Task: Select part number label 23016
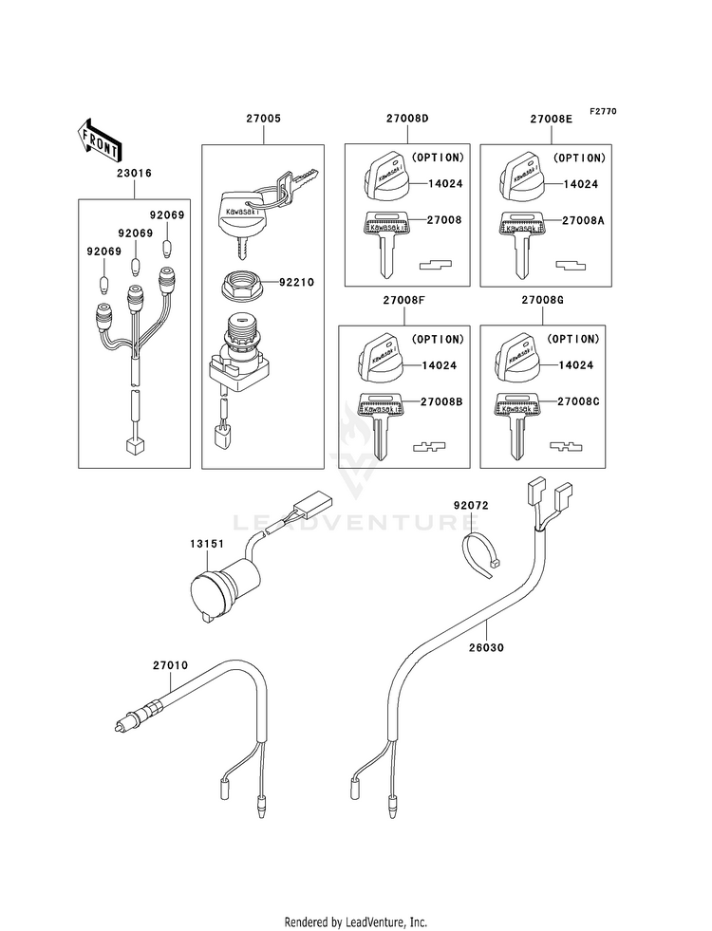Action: tap(134, 174)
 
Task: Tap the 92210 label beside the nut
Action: tap(297, 282)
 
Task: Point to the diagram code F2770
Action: tap(604, 111)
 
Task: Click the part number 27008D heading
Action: tap(407, 119)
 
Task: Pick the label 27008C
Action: tap(578, 402)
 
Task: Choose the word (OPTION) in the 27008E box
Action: tap(580, 158)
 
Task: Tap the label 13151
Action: tap(207, 543)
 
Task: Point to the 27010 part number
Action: tap(171, 665)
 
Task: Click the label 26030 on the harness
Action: tap(486, 648)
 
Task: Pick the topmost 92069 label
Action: tap(167, 214)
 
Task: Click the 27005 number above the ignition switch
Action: tap(264, 119)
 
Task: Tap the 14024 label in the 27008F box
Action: tap(440, 365)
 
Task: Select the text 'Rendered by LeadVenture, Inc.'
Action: tap(356, 922)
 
